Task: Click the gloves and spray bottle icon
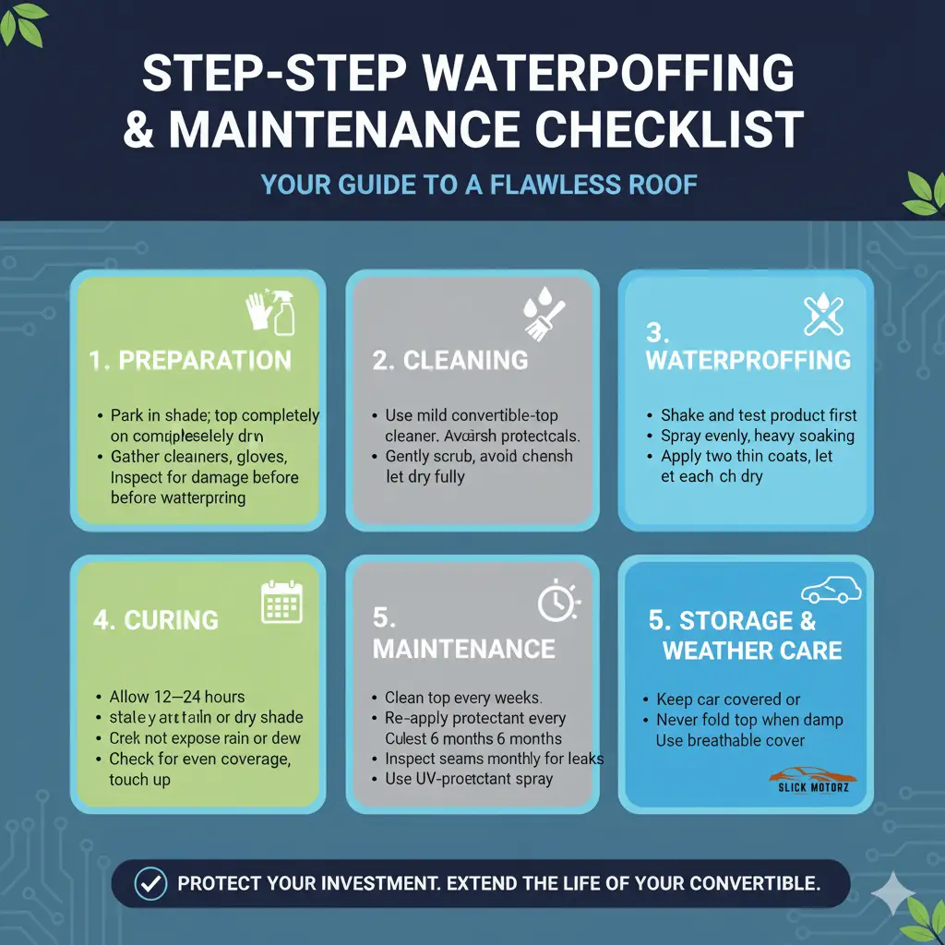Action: click(271, 314)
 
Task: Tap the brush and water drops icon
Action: click(542, 314)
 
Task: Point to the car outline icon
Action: click(831, 592)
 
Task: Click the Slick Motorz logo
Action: click(811, 780)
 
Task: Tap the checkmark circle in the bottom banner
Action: click(150, 883)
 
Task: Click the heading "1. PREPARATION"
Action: click(191, 360)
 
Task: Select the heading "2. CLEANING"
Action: click(450, 360)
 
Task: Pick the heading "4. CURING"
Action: click(156, 619)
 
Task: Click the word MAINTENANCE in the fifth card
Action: click(464, 649)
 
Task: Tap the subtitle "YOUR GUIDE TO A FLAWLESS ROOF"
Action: click(479, 184)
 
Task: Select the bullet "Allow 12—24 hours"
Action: click(177, 697)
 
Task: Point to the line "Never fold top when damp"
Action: click(749, 720)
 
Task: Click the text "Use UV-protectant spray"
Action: click(469, 779)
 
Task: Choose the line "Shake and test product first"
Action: click(759, 415)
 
